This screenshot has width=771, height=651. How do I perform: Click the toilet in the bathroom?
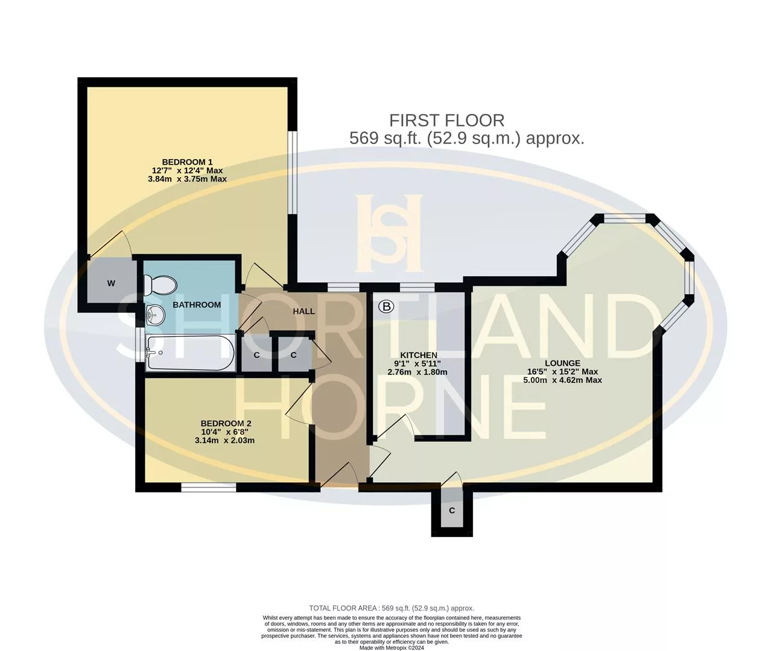pos(160,285)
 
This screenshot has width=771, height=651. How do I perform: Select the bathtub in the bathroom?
pos(191,353)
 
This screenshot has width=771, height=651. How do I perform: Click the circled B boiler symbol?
pos(386,306)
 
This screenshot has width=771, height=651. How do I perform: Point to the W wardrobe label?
pos(111,283)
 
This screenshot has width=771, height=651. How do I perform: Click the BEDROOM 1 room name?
pos(187,162)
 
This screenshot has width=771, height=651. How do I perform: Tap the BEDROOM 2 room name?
pos(226,423)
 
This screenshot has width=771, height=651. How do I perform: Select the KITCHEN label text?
pos(418,355)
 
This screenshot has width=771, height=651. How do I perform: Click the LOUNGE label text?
pos(562,363)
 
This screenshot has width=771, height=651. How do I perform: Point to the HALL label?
pos(304,312)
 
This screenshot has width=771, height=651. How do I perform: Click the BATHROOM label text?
pos(197,305)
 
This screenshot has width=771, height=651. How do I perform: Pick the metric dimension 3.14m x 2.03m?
pos(224,440)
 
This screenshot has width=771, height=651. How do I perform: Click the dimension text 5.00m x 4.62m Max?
pos(562,380)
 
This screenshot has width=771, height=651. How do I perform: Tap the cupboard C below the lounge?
pos(452,511)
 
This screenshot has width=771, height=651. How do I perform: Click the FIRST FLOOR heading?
pos(447,121)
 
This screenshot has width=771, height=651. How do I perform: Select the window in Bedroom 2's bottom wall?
pos(209,488)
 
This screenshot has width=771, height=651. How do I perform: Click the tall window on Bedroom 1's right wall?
pos(293,172)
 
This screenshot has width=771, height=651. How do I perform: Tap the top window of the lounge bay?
pos(624,220)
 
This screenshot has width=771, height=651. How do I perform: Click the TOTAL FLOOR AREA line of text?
pos(392,608)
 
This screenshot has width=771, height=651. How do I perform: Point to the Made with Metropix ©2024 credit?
pos(392,647)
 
